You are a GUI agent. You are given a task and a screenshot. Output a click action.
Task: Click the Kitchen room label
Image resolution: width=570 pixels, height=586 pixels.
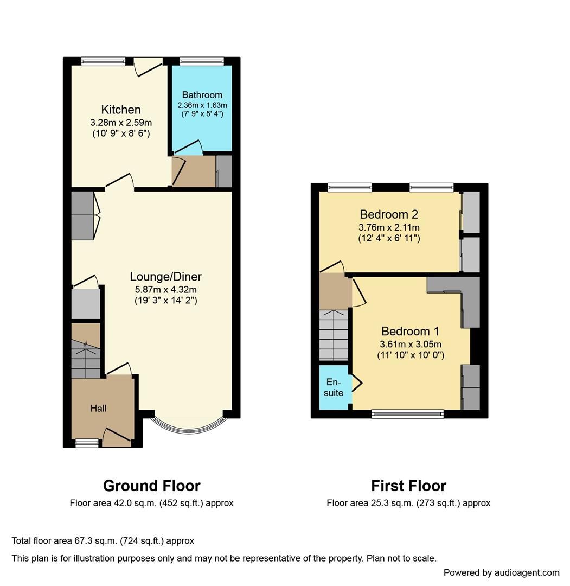[x=121, y=110]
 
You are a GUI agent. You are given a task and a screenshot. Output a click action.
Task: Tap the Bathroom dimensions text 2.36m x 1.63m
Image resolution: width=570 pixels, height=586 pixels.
[x=202, y=105]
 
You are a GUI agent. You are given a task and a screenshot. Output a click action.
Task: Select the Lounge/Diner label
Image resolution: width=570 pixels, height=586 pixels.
[x=165, y=277]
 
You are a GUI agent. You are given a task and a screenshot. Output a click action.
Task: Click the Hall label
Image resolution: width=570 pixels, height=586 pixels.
[x=98, y=408]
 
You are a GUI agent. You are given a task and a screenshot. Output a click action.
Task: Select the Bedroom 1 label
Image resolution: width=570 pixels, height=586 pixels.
[x=410, y=331]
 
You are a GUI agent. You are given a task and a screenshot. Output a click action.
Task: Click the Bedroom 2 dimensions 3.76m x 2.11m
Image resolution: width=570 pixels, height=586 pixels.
[x=389, y=227]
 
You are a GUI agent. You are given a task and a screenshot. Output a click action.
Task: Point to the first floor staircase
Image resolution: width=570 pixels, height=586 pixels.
[x=333, y=334]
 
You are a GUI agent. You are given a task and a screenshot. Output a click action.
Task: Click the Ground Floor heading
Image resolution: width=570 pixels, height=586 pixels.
[x=151, y=485]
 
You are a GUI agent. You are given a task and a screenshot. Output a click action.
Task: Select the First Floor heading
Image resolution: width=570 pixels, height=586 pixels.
[x=408, y=485]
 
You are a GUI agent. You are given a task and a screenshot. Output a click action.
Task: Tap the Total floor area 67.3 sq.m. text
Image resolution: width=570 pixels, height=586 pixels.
[x=103, y=540]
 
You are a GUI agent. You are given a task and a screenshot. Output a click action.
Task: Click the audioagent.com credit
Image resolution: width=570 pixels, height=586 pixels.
[x=501, y=572]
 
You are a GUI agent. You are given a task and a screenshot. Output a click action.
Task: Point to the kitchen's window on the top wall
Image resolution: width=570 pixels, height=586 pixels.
[x=103, y=61]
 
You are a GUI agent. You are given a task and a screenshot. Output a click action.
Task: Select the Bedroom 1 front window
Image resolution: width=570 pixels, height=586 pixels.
[x=408, y=414]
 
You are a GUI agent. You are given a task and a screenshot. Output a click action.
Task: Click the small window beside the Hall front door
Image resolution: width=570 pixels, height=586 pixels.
[x=87, y=444]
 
